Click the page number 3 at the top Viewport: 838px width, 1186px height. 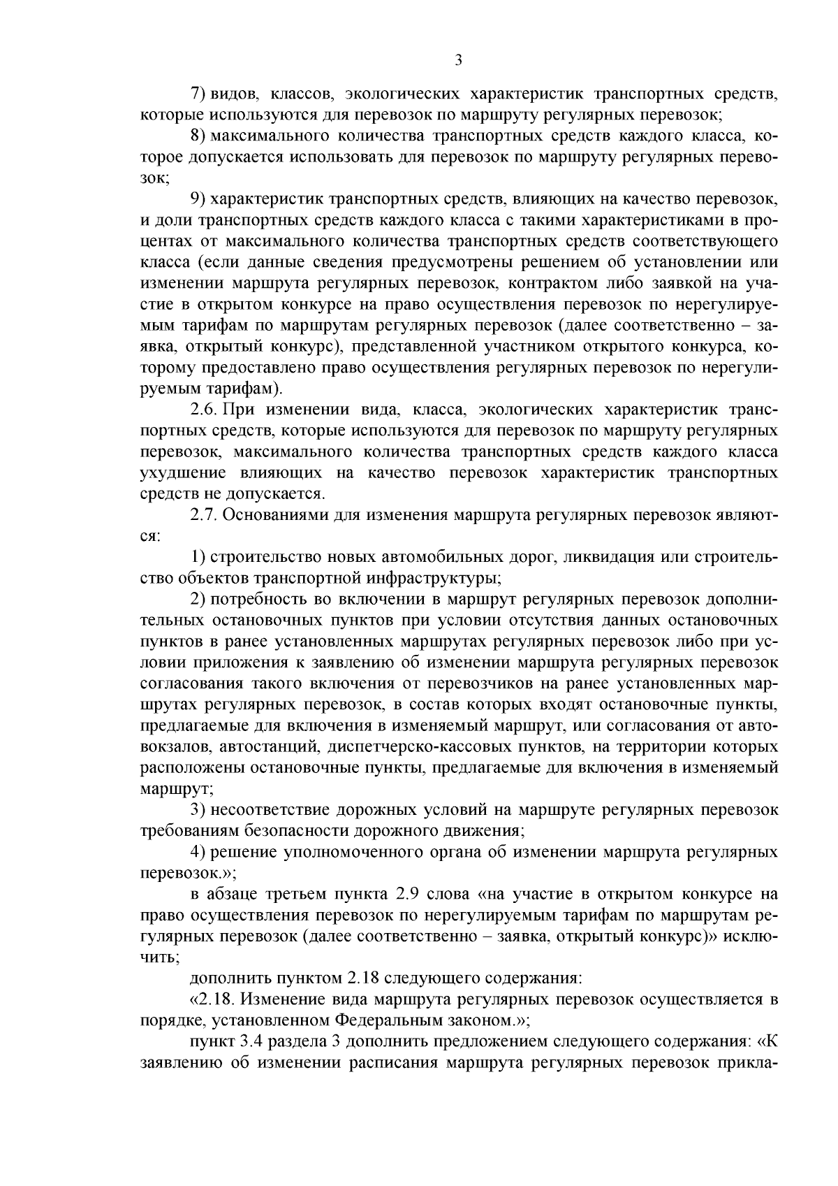point(458,61)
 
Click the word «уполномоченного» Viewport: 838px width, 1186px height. point(376,853)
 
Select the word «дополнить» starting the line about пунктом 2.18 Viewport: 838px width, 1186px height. point(228,980)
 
